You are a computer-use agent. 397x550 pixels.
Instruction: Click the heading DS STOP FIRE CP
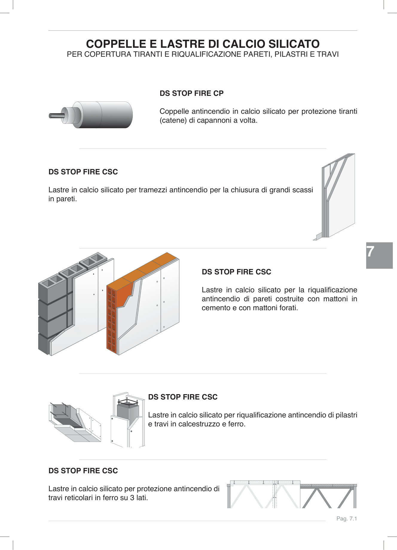coord(191,93)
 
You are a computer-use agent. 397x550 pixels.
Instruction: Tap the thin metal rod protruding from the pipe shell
coord(56,115)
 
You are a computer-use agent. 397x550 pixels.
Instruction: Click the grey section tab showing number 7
coord(379,255)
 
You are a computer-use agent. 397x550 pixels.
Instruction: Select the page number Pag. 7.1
coord(346,519)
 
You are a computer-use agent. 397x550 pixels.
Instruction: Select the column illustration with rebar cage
coord(128,420)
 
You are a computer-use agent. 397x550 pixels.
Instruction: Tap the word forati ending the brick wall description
coord(287,308)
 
